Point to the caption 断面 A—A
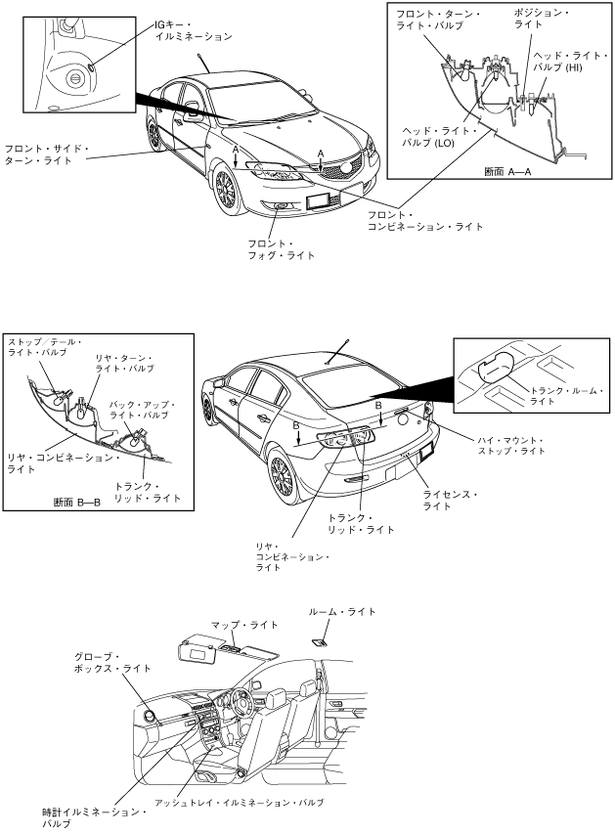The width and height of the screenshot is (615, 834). point(507,171)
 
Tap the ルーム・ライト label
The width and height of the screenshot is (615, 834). point(341,612)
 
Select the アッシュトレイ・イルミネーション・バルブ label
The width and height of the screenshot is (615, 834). point(252,802)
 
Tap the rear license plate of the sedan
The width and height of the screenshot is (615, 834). point(426,454)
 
